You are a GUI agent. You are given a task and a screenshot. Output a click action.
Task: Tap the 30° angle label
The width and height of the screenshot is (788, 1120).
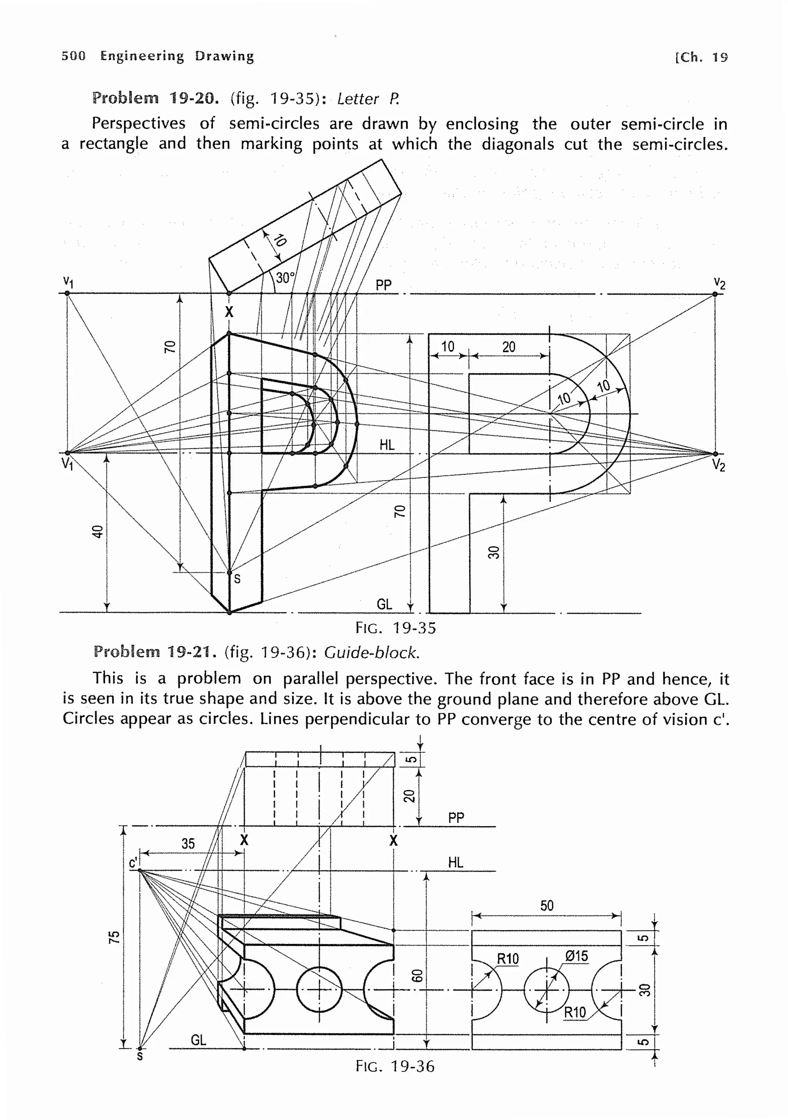click(x=285, y=278)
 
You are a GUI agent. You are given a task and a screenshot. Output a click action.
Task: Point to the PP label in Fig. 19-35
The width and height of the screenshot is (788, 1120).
click(x=383, y=285)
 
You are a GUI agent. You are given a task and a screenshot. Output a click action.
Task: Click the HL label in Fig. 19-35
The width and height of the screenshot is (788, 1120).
click(x=387, y=444)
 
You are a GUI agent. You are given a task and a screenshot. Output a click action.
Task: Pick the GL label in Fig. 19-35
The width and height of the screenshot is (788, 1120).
click(x=384, y=604)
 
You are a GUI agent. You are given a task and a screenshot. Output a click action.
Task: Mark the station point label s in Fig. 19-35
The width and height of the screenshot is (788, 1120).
click(x=237, y=579)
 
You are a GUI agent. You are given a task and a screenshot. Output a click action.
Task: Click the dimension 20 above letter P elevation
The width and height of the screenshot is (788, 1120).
click(x=509, y=347)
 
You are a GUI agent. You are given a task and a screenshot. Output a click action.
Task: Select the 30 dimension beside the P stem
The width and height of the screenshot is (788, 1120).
click(x=494, y=552)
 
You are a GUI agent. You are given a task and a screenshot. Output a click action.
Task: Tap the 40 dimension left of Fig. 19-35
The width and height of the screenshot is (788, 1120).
click(x=98, y=531)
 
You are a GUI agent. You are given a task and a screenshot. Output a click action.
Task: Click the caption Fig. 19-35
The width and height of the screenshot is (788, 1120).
click(x=395, y=628)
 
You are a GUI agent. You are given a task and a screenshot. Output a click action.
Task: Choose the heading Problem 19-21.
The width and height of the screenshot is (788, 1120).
click(x=154, y=652)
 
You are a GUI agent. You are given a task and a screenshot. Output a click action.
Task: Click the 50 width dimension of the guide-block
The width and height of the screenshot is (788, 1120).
click(x=547, y=906)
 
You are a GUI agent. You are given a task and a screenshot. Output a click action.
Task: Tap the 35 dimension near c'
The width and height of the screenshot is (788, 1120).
click(x=188, y=843)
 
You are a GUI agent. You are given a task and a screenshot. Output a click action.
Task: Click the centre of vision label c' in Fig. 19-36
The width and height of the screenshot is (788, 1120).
click(x=133, y=863)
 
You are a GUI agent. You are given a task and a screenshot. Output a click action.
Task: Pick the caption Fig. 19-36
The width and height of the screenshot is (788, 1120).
click(x=394, y=1066)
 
